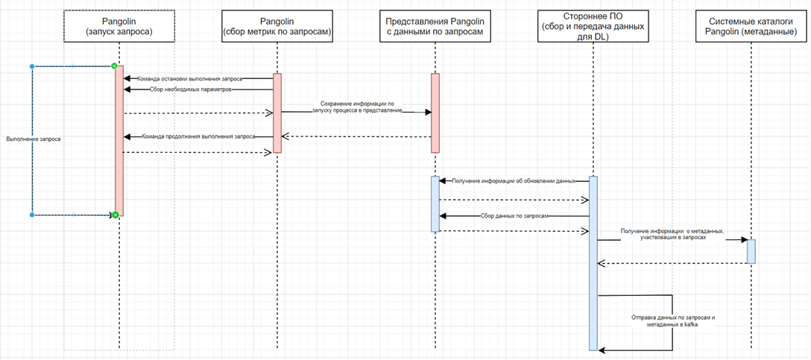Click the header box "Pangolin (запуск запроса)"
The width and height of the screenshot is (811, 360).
[x=119, y=26]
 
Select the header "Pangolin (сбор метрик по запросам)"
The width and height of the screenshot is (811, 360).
[x=277, y=26]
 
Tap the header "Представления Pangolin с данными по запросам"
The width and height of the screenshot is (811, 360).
[x=435, y=26]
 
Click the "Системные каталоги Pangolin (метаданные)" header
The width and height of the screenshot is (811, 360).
[x=751, y=26]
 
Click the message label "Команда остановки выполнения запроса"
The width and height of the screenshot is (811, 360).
[x=189, y=78]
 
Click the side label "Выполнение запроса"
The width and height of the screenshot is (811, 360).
[x=33, y=139]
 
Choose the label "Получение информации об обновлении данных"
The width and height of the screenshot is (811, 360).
[x=514, y=181]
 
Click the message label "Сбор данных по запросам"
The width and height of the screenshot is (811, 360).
[x=514, y=215]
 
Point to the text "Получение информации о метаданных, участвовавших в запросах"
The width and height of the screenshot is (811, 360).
[x=672, y=234]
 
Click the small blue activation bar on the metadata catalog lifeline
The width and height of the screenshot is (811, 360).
[x=751, y=251]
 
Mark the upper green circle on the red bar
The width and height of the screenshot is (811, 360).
[x=114, y=66]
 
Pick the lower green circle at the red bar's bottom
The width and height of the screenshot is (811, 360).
[x=116, y=215]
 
